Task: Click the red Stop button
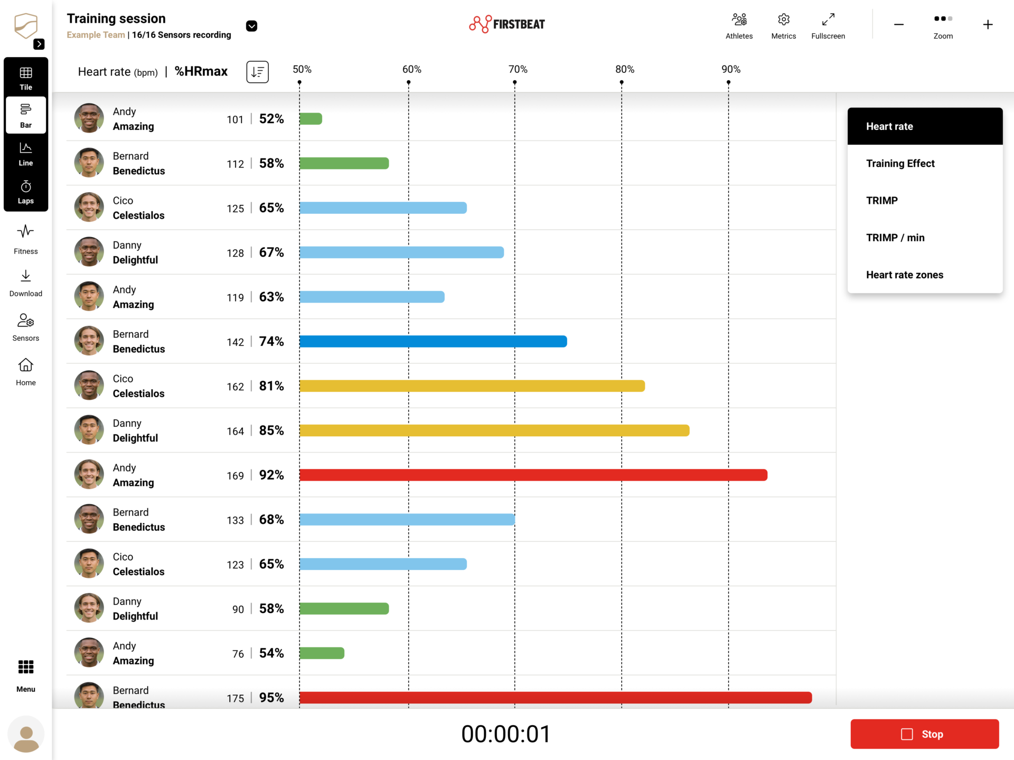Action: point(924,734)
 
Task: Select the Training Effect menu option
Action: point(900,164)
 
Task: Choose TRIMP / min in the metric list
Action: point(895,238)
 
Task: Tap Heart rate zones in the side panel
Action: point(904,275)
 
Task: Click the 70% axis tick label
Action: point(518,69)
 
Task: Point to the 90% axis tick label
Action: point(731,69)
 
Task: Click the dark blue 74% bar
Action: point(433,342)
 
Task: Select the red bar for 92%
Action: point(533,475)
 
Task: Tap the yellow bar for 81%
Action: point(472,386)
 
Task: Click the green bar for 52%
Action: point(311,119)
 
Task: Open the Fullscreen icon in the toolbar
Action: point(828,20)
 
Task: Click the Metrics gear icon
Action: point(784,20)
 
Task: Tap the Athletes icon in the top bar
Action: point(739,20)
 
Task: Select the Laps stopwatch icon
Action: point(26,186)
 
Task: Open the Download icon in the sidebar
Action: point(26,276)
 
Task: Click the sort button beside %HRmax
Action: point(258,72)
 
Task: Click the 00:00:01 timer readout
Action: point(506,734)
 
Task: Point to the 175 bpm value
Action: point(236,698)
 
